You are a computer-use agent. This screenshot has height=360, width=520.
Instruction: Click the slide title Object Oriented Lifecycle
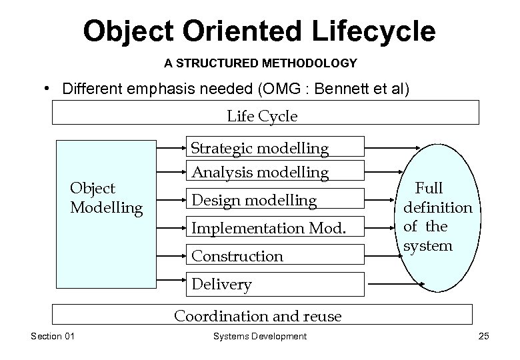tap(259, 31)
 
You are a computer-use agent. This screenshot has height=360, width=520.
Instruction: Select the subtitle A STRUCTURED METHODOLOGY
tap(261, 64)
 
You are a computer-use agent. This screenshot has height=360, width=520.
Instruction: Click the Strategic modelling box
tap(277, 148)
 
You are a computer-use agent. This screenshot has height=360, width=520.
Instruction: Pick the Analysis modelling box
tap(277, 172)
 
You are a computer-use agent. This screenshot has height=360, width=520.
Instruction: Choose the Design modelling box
tap(277, 200)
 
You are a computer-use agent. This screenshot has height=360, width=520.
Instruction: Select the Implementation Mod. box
tap(277, 228)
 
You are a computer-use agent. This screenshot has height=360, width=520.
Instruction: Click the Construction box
tap(277, 255)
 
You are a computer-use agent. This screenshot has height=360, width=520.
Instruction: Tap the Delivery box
tap(277, 285)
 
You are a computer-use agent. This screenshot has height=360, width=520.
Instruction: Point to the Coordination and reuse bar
tap(262, 315)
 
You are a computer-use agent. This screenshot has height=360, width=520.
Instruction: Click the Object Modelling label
tap(106, 199)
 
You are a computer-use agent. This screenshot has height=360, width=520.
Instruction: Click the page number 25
tap(483, 336)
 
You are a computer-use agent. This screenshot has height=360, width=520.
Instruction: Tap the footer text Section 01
tap(53, 336)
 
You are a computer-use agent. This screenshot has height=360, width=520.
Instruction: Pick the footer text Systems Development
tap(260, 336)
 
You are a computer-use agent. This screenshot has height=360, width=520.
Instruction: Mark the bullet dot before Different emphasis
tap(48, 88)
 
